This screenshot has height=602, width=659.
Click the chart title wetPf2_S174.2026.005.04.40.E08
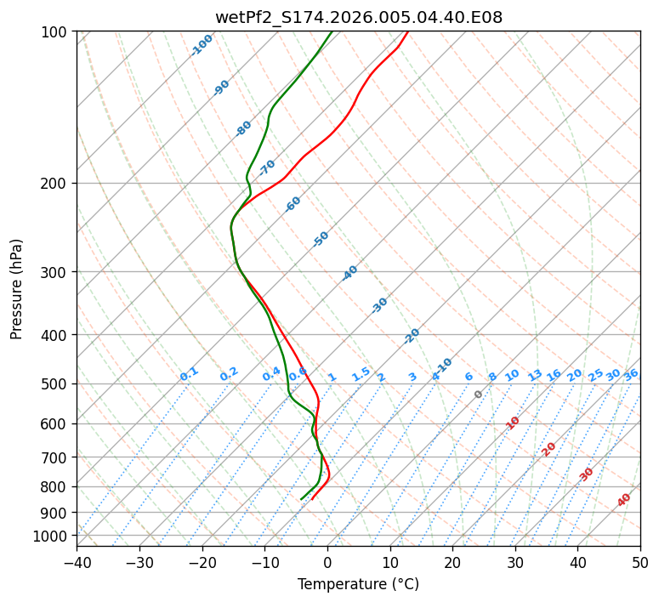[x=358, y=17]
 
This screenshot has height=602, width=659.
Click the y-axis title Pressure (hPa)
[x=17, y=288]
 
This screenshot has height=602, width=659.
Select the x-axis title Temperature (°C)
[x=358, y=584]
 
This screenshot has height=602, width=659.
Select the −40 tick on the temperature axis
[x=77, y=562]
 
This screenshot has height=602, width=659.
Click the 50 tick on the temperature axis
[x=640, y=562]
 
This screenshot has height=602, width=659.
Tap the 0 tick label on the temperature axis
[x=327, y=562]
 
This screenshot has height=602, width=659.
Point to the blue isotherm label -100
[x=202, y=45]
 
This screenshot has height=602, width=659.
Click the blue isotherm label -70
[x=267, y=167]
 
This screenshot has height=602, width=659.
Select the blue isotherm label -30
[x=379, y=305]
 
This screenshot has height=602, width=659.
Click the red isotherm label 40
[x=624, y=500]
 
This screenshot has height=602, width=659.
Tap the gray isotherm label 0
[x=479, y=395]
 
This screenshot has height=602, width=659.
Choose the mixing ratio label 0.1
[x=190, y=373]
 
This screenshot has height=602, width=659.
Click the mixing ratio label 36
[x=631, y=374]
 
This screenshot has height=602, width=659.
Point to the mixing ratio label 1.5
[x=361, y=373]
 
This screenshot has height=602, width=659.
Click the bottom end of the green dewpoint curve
[x=301, y=499]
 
